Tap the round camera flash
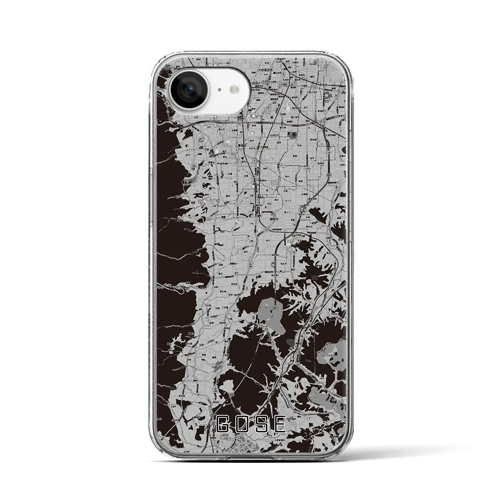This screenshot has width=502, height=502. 235,89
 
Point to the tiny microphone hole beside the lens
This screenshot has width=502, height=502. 218,89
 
